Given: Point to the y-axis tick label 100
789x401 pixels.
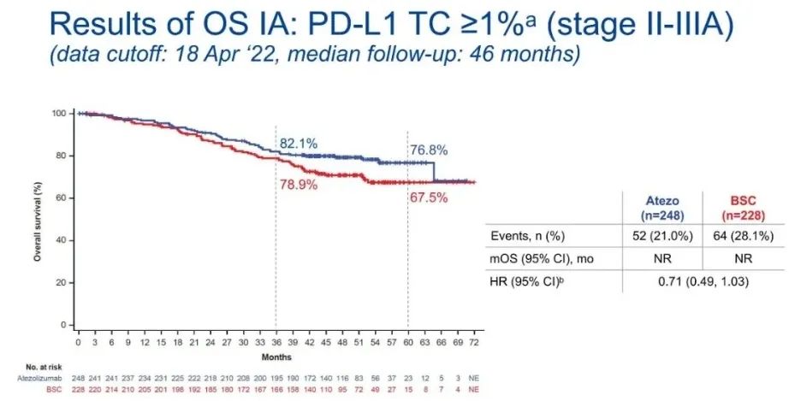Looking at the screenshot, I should (58, 114).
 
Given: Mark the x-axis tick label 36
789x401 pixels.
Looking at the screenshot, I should (275, 341).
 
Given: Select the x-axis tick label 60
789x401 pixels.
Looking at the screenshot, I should (406, 341).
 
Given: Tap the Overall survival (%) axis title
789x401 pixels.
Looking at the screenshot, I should (39, 221).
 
